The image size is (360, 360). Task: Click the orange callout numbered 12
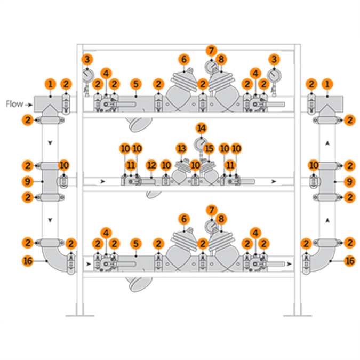coord(151,166)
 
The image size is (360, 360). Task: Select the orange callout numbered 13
coord(182,148)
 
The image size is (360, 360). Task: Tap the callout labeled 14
coord(201,129)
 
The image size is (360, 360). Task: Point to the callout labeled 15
coord(209,148)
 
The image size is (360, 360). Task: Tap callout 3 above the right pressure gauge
coord(274,59)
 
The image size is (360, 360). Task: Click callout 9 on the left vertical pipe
coord(28,182)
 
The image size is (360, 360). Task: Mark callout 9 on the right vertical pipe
coord(349,182)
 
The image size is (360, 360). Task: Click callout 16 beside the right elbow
coord(349,261)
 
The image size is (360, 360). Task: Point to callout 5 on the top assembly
coord(136,84)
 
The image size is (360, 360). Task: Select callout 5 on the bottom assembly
coord(136,244)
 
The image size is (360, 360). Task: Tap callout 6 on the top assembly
coord(184,59)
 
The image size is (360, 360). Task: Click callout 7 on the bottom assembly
coord(212,210)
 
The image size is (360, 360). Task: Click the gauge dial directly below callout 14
coord(201,143)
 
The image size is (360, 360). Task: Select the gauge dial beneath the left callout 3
coord(86,76)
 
